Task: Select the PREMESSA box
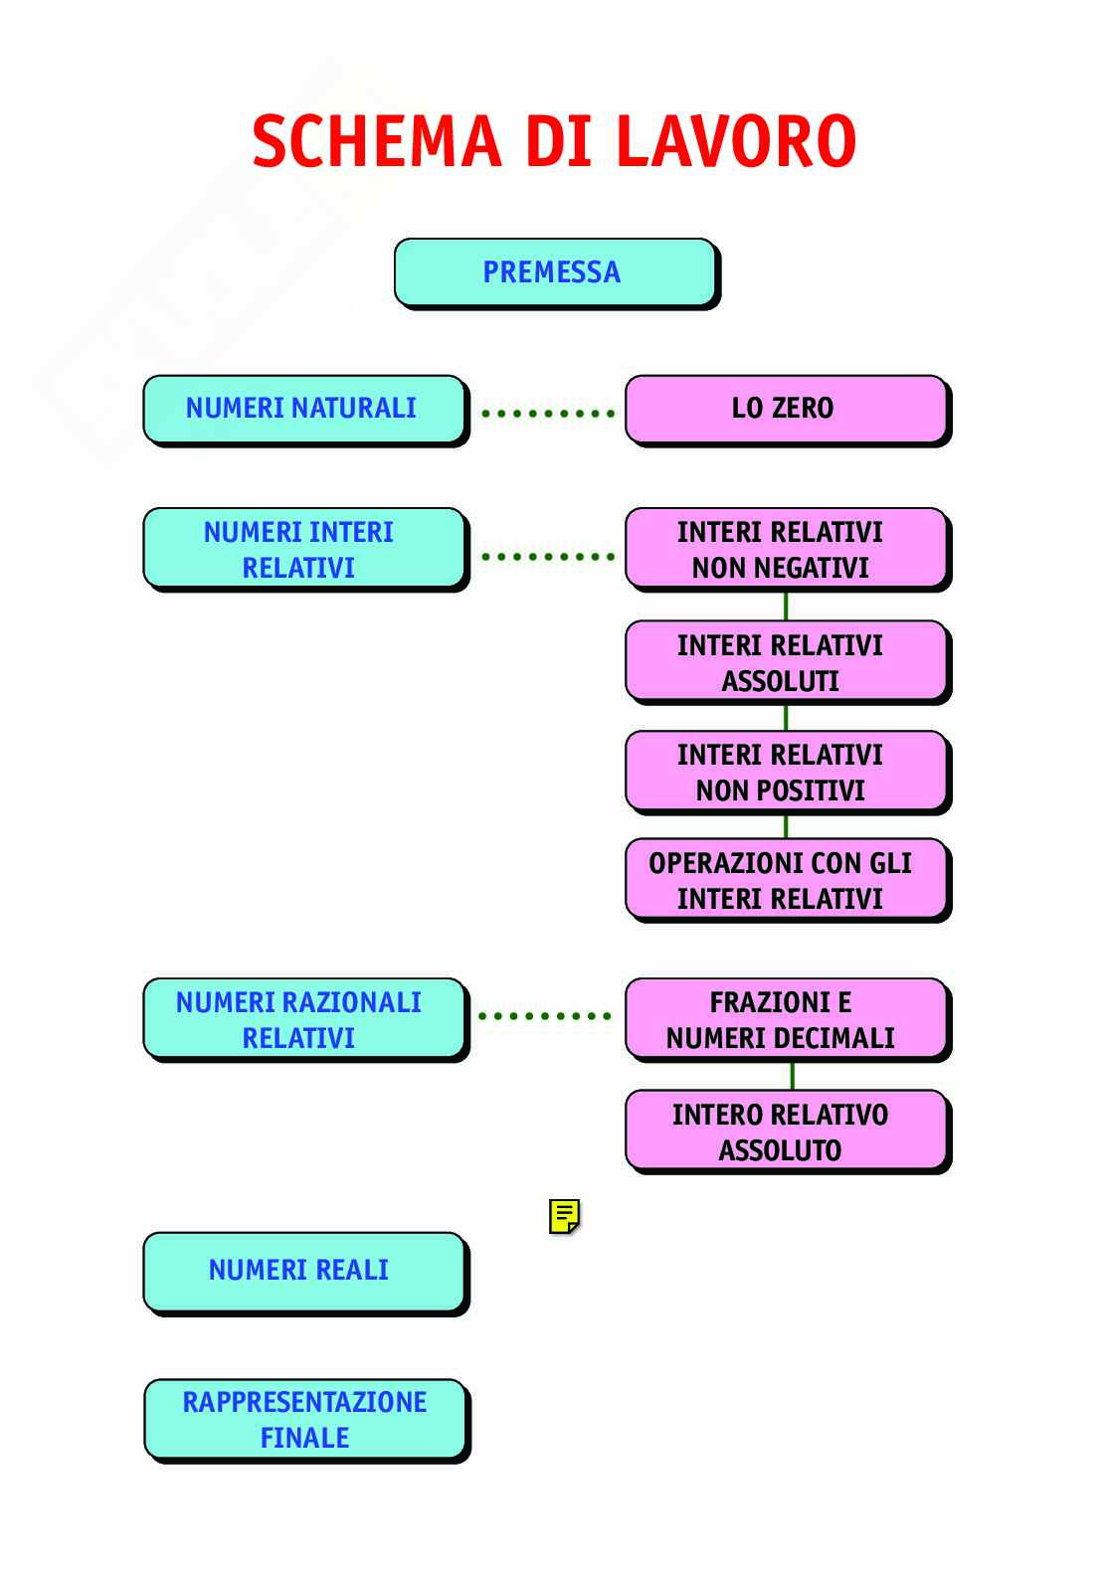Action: point(553,272)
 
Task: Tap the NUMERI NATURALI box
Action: point(302,409)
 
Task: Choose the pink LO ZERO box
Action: point(784,409)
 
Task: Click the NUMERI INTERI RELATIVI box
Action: point(302,550)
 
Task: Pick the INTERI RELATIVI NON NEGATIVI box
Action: point(784,550)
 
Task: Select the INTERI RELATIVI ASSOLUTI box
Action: point(784,662)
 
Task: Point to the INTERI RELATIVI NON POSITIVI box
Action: point(784,773)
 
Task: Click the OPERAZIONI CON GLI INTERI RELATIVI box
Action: point(784,880)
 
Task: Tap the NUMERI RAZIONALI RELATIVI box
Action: point(302,1020)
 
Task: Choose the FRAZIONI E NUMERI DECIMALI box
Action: point(784,1020)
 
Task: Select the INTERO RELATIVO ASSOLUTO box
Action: point(784,1132)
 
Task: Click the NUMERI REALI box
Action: point(302,1272)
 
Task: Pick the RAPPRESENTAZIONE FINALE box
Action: point(304,1420)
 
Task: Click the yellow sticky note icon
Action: point(564,1216)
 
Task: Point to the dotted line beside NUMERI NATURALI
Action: point(546,412)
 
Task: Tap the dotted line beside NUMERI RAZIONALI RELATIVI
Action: point(544,1016)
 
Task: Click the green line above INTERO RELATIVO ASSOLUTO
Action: point(792,1076)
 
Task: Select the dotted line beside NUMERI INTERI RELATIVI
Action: point(546,556)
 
